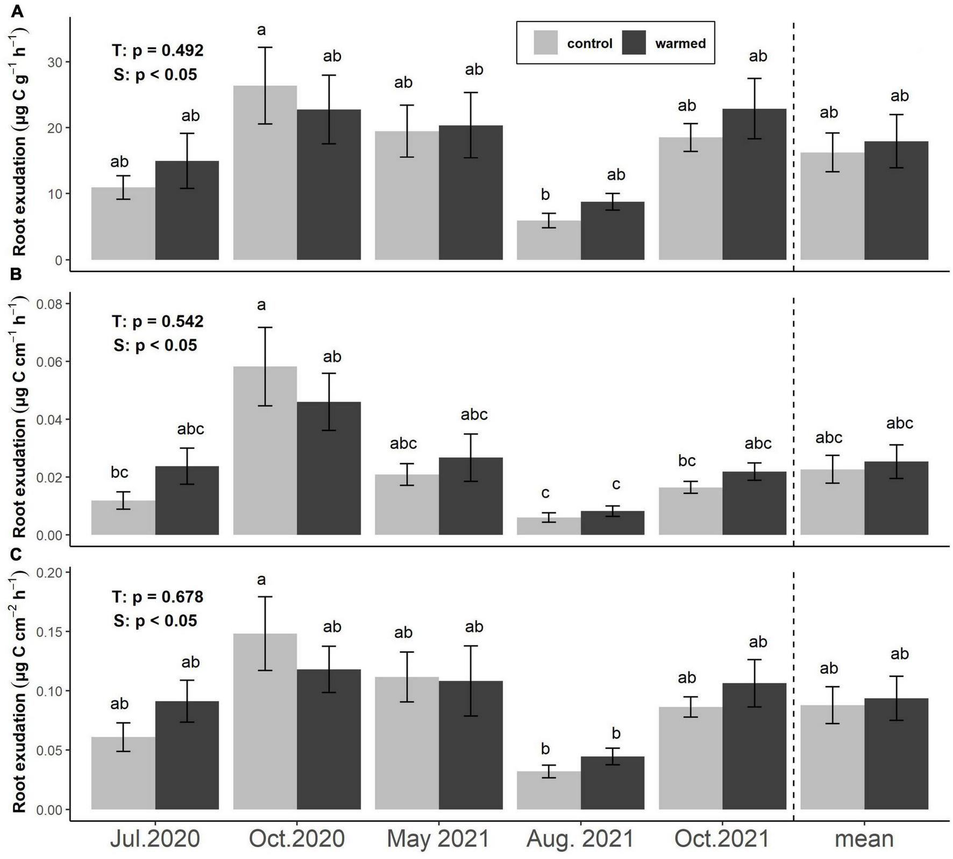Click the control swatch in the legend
tap(545, 42)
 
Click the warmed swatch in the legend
tap(633, 42)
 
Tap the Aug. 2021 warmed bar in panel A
tap(612, 231)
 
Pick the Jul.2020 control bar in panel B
tap(123, 517)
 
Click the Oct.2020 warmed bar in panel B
tap(329, 468)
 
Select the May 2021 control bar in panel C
tap(407, 743)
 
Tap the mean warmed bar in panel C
tap(896, 754)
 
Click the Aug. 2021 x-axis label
tap(580, 839)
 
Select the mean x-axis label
tap(864, 839)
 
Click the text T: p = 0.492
tap(157, 51)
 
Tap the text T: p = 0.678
tap(157, 597)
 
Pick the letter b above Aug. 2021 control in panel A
tap(545, 195)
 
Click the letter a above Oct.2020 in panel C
tap(261, 580)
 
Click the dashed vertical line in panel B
tap(794, 420)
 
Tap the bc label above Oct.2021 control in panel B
tap(687, 461)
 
